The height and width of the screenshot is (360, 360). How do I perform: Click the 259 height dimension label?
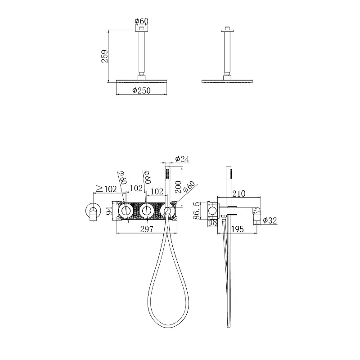point(104,56)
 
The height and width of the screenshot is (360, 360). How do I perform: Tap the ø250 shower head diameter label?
point(141,90)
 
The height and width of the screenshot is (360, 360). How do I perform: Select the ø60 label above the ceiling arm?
point(141,21)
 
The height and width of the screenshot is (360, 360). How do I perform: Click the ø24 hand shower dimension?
point(182,159)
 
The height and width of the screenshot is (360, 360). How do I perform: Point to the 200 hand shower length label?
point(178,187)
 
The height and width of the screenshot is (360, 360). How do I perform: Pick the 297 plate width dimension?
point(147,229)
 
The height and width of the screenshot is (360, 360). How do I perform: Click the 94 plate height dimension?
point(110,211)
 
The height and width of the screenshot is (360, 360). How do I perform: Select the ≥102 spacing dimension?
point(106,189)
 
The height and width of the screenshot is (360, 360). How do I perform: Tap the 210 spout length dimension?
point(239,193)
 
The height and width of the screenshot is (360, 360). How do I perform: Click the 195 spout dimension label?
point(238,229)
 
